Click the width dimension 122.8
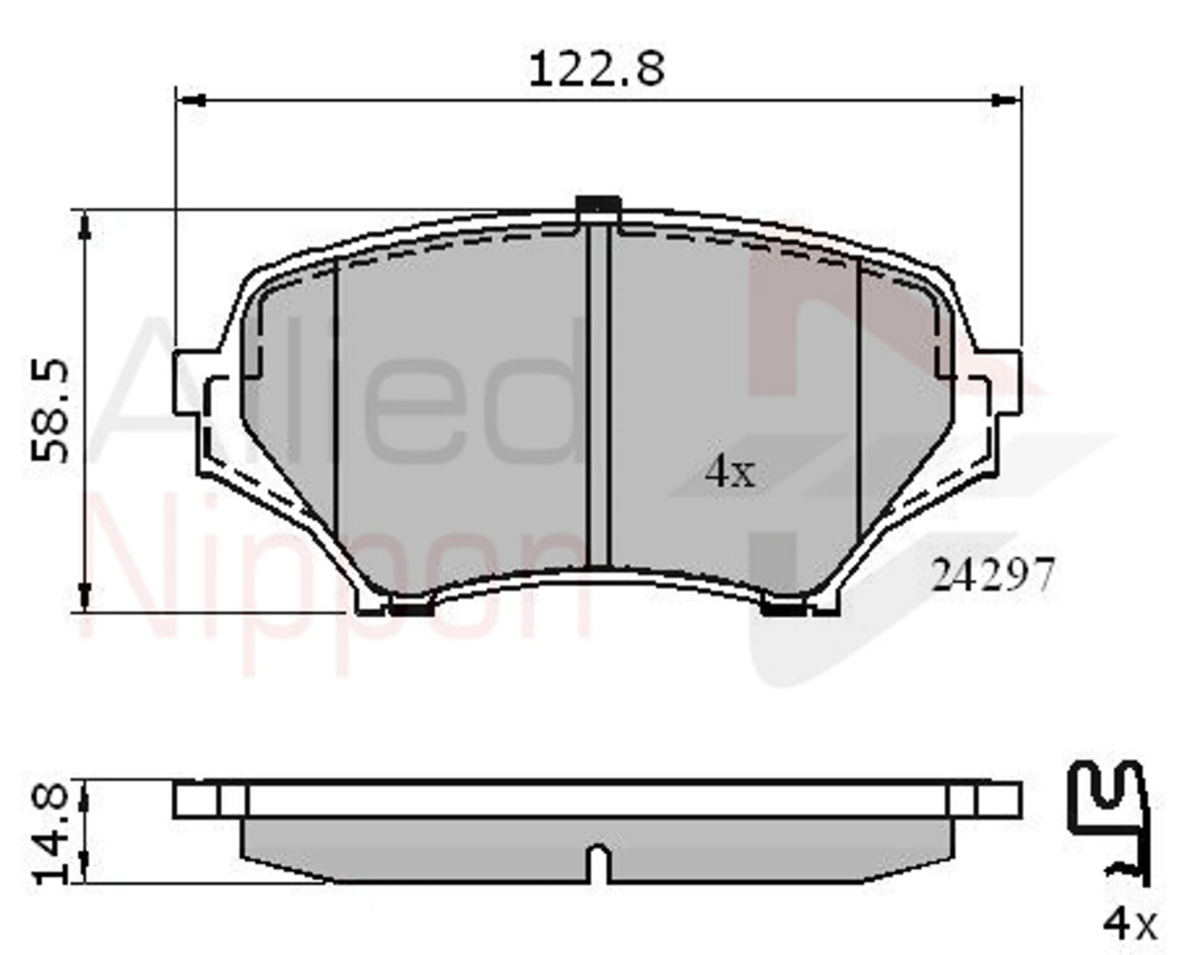click(597, 69)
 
